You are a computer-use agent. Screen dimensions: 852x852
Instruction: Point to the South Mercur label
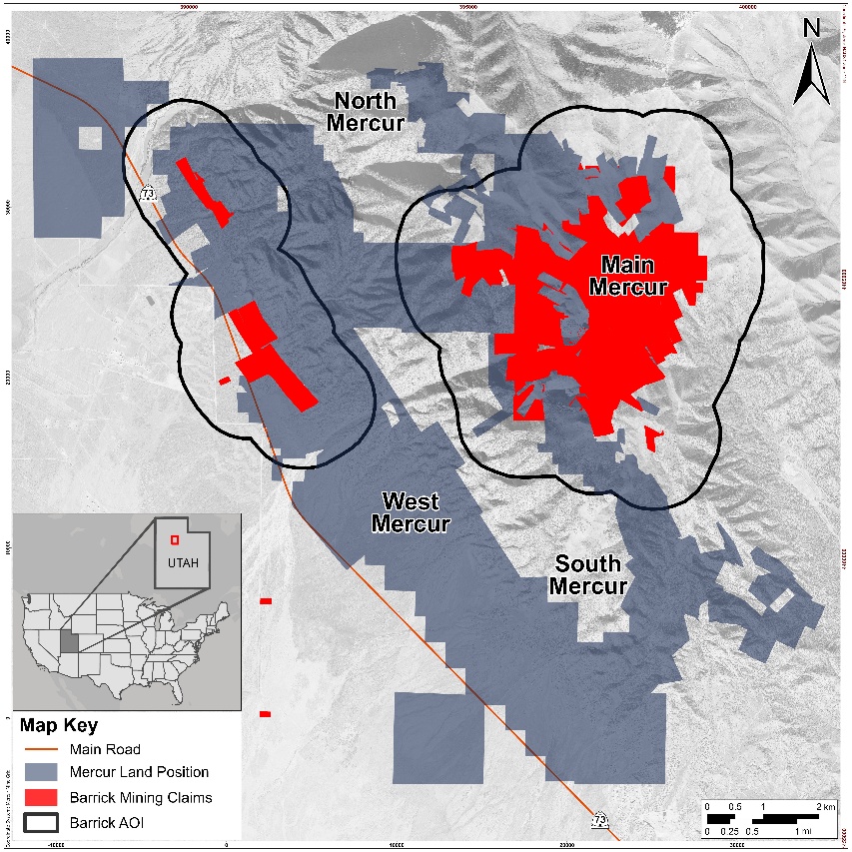click(x=588, y=574)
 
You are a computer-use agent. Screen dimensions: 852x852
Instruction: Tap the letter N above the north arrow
click(x=811, y=30)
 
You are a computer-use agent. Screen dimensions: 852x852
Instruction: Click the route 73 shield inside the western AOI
click(x=148, y=193)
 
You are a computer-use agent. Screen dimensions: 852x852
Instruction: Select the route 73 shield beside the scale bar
click(x=599, y=821)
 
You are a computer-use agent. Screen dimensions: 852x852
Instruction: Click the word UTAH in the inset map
click(x=183, y=562)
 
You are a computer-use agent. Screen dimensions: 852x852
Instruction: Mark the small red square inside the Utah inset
click(x=174, y=540)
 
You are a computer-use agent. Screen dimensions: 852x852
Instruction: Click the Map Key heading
click(x=59, y=725)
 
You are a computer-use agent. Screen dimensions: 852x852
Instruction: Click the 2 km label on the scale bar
click(x=824, y=806)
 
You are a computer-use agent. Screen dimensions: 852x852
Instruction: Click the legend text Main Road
click(x=105, y=749)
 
